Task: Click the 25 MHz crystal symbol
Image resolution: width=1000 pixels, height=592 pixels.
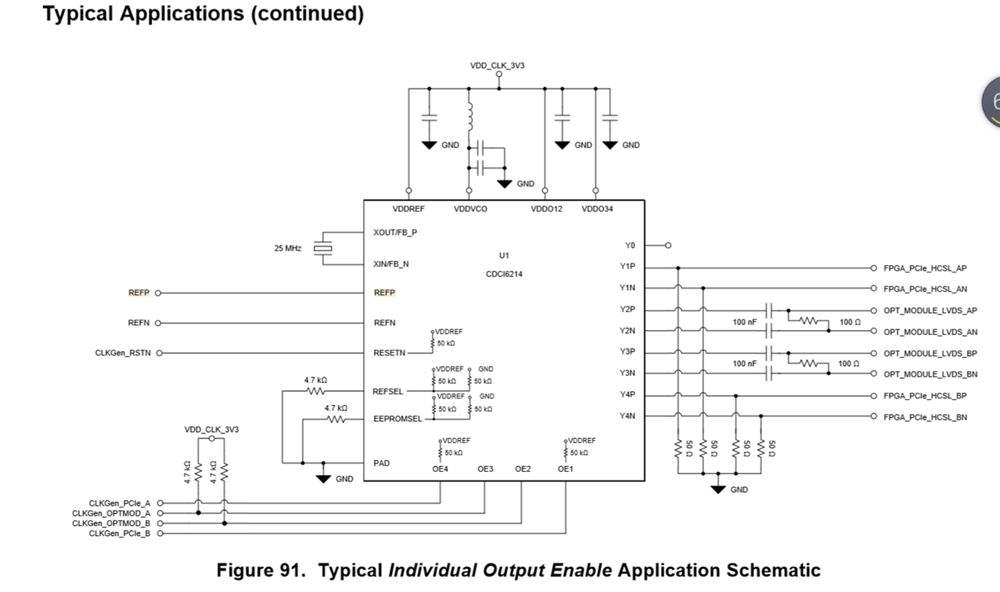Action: (x=324, y=248)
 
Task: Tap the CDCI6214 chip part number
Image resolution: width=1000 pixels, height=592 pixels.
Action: (x=504, y=274)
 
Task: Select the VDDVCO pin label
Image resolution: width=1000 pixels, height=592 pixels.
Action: (x=470, y=209)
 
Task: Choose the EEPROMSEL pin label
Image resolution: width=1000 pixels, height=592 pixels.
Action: (x=398, y=419)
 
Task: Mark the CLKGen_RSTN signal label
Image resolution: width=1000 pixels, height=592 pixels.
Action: (x=124, y=353)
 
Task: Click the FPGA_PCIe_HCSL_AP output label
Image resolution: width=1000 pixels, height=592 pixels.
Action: (x=925, y=268)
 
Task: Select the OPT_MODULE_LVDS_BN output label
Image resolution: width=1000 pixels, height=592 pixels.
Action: (x=930, y=374)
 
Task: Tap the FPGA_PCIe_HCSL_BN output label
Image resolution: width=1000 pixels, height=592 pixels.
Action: (x=925, y=417)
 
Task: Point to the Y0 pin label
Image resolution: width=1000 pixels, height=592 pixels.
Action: (x=629, y=245)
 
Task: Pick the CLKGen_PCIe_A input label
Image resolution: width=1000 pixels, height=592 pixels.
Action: (x=120, y=503)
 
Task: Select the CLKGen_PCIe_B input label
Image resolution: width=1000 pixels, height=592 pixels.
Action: (x=120, y=533)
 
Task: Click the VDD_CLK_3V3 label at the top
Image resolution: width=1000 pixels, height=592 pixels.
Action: (x=497, y=65)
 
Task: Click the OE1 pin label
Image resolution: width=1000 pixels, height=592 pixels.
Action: (x=565, y=468)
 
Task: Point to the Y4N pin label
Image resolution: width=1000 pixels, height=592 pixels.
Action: (x=627, y=416)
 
